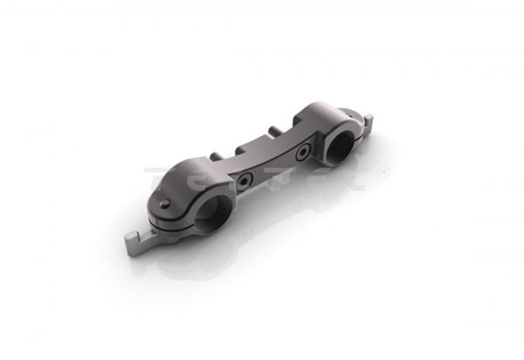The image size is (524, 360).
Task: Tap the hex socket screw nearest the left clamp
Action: (x=246, y=183)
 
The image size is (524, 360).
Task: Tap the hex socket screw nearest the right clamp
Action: (x=301, y=155)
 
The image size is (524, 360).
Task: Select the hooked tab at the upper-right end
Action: (x=368, y=121)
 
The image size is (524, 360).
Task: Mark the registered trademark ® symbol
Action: (x=383, y=171)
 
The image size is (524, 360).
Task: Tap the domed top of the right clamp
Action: (x=319, y=114)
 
